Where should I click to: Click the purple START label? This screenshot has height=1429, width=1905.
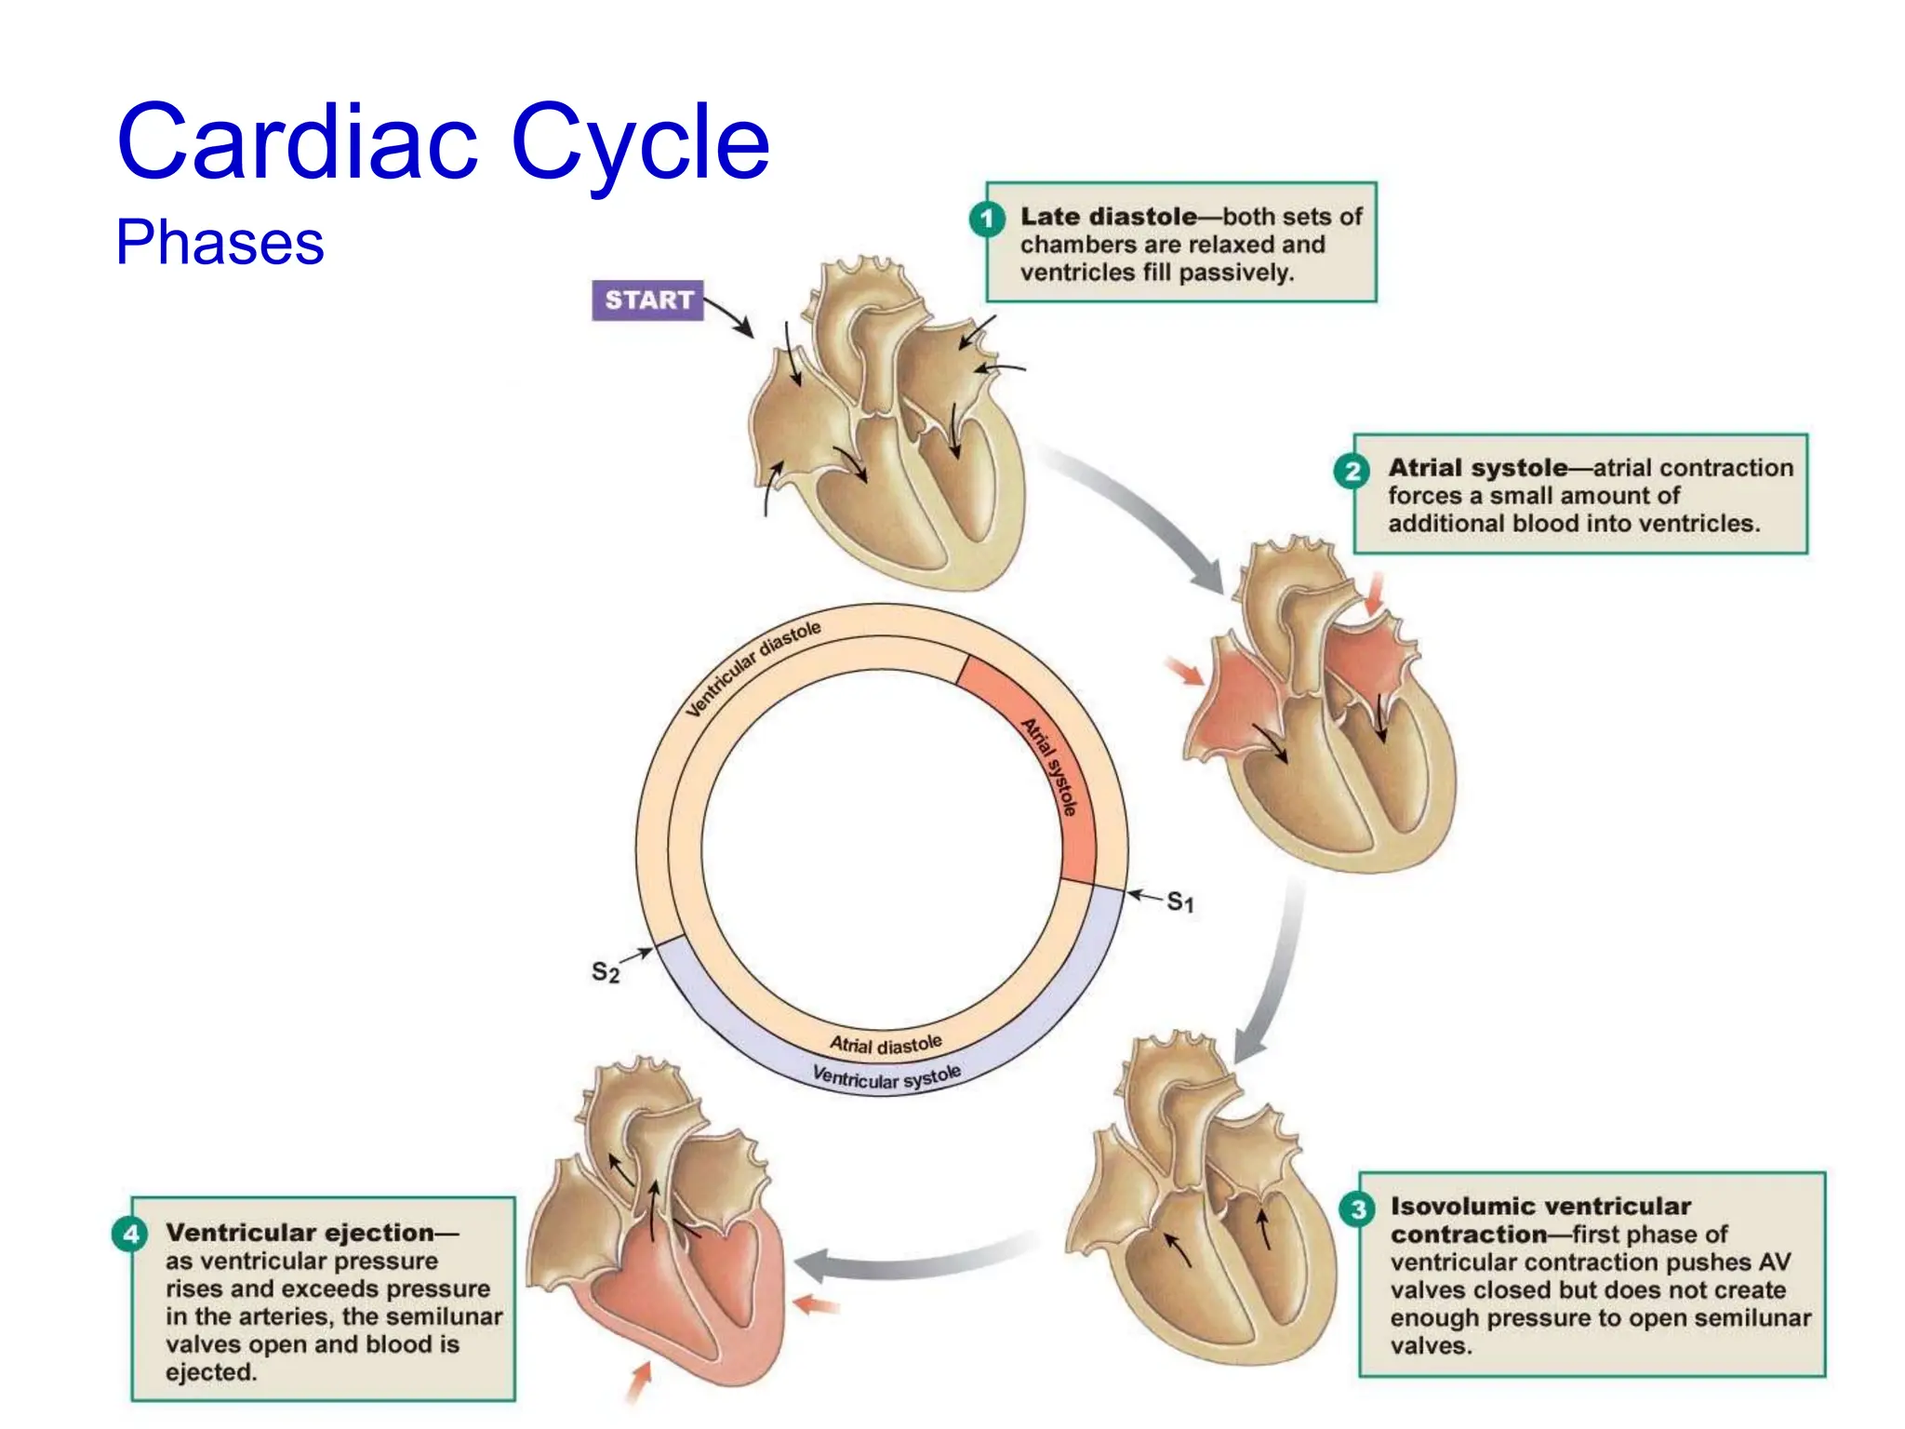coord(647,300)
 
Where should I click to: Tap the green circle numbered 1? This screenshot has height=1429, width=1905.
coord(987,220)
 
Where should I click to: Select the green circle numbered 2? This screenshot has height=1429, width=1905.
coord(1352,471)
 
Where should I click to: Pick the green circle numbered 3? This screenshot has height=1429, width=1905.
coord(1358,1209)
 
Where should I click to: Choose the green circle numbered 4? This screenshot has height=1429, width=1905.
coord(130,1234)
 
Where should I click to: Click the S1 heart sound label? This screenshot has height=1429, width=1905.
coord(1179,901)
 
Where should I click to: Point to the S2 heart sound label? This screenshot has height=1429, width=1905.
coord(605,972)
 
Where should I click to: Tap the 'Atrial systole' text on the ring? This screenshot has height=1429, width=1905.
coord(1049,767)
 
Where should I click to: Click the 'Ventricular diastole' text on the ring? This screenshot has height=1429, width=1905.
coord(753,667)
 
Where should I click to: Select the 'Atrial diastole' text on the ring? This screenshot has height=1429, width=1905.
coord(886,1045)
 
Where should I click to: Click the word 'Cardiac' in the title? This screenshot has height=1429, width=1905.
coord(297,141)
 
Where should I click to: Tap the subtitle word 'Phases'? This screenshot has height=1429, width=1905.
coord(220,243)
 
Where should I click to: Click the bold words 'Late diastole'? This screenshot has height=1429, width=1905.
coord(1108,217)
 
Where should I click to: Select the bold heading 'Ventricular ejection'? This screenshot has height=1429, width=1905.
coord(300,1233)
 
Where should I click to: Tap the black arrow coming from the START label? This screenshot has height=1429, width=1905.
coord(729,317)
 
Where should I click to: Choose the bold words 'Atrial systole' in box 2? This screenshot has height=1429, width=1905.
coord(1477,468)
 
